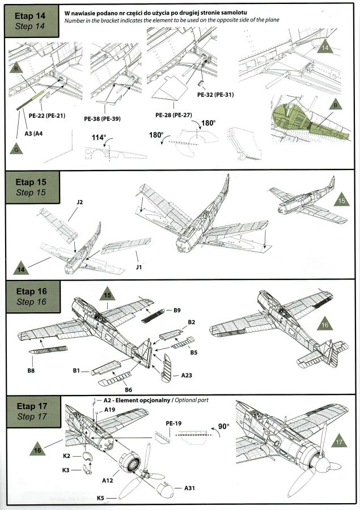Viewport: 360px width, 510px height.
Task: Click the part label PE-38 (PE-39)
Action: tap(102, 118)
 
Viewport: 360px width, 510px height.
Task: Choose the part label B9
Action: tap(177, 311)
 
